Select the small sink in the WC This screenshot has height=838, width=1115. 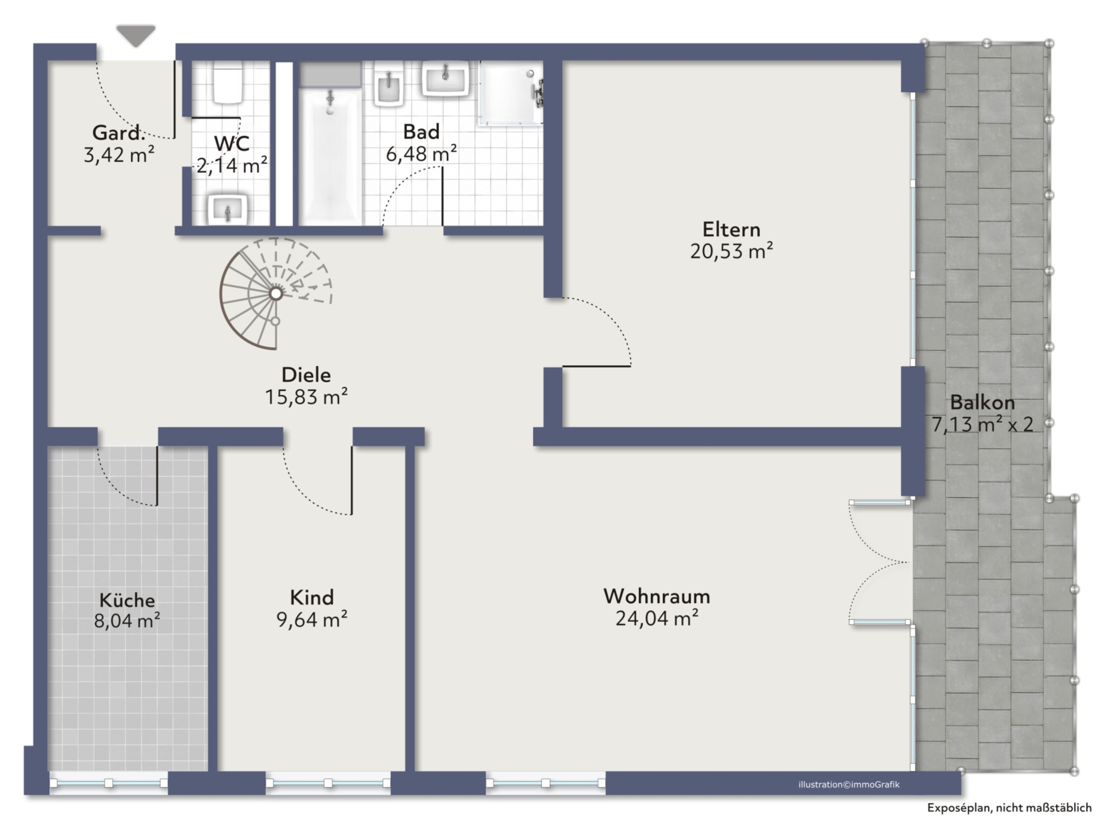point(228,209)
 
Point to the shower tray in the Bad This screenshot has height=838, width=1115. point(511,93)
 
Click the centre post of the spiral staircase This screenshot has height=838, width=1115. point(276,293)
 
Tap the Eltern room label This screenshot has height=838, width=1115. point(731,229)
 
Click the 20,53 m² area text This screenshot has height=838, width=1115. point(731,251)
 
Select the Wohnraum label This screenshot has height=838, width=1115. point(657,596)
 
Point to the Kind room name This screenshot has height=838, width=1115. point(312,597)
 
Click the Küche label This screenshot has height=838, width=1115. point(127,600)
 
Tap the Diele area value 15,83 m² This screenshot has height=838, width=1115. point(306,397)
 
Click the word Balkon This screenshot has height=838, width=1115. point(982,403)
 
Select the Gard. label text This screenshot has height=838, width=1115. point(118,133)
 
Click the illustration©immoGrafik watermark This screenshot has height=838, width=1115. point(849,784)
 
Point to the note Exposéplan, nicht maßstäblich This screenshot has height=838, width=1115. point(1009,808)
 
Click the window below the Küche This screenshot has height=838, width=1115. point(109,783)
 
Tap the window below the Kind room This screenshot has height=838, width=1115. point(328,783)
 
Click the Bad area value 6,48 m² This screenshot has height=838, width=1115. point(421,153)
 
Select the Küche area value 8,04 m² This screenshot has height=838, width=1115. point(127,621)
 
